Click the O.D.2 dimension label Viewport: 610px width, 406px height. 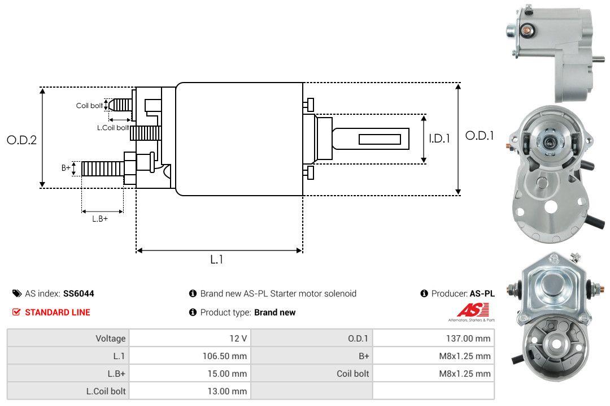tap(21, 140)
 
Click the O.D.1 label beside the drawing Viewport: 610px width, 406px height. tap(480, 136)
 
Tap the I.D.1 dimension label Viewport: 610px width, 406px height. tap(439, 138)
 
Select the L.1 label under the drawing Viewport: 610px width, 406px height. tap(217, 260)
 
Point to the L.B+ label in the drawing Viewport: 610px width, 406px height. tap(100, 219)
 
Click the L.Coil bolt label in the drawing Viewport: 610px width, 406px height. tap(113, 128)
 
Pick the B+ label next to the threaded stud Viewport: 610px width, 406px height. tap(66, 167)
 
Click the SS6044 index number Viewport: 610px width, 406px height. tap(79, 293)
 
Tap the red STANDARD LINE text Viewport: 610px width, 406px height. tap(57, 312)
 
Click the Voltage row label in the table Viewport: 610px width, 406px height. tap(110, 339)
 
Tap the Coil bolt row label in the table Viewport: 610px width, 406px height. tap(353, 374)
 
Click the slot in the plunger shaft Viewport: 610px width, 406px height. tap(380, 139)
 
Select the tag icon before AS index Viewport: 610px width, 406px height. tap(17, 293)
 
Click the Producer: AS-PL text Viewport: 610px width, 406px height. tap(463, 293)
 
